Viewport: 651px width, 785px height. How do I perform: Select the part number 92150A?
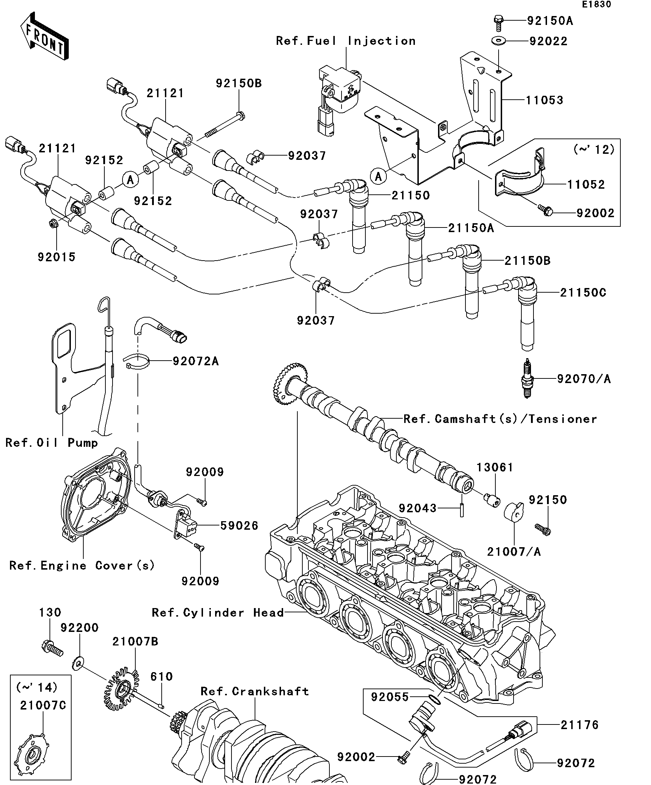(x=550, y=21)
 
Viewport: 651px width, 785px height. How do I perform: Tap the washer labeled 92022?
(x=499, y=40)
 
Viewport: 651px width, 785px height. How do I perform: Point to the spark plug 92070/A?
(x=528, y=378)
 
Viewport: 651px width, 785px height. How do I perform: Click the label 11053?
(x=545, y=100)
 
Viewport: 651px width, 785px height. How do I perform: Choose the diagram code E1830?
(x=597, y=5)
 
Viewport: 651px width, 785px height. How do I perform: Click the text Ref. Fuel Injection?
(x=346, y=41)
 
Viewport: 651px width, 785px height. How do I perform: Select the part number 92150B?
(x=239, y=83)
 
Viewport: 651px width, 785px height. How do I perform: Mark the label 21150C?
(x=583, y=292)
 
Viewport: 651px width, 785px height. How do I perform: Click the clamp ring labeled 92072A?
(x=136, y=361)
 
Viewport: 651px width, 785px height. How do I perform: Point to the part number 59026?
(x=239, y=525)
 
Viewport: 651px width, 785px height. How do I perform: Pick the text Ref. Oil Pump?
(x=52, y=443)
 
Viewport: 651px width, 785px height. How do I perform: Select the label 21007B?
(x=135, y=642)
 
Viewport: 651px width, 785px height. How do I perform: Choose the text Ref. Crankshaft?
(x=255, y=691)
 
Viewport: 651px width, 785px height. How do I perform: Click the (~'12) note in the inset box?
(x=594, y=150)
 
